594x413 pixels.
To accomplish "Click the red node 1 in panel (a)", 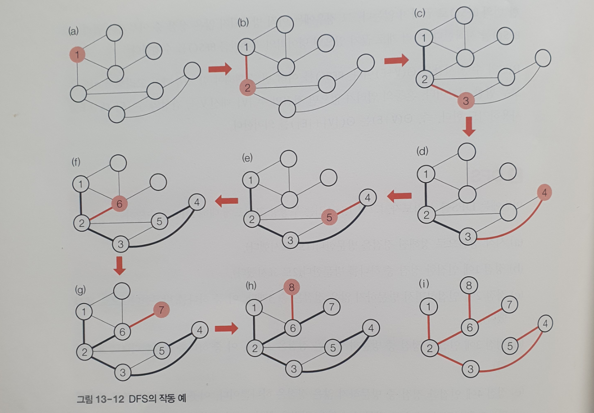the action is coord(77,55).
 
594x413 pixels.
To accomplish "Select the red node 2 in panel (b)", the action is coord(247,87).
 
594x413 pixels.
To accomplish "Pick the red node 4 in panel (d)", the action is coord(544,193).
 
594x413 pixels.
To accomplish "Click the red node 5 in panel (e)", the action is coord(329,218).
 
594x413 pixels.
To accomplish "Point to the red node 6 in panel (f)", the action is coord(119,204).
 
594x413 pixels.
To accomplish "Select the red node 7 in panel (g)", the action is coord(161,311).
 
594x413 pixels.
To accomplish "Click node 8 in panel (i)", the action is coord(469,285).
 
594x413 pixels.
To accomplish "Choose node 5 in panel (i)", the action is coord(510,346).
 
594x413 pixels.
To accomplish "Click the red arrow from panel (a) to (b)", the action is coord(220,69).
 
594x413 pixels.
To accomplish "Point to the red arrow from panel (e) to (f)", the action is coord(227,199).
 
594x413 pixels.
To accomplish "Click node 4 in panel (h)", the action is coord(371,328).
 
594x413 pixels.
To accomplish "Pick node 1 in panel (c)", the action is coord(424,38).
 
